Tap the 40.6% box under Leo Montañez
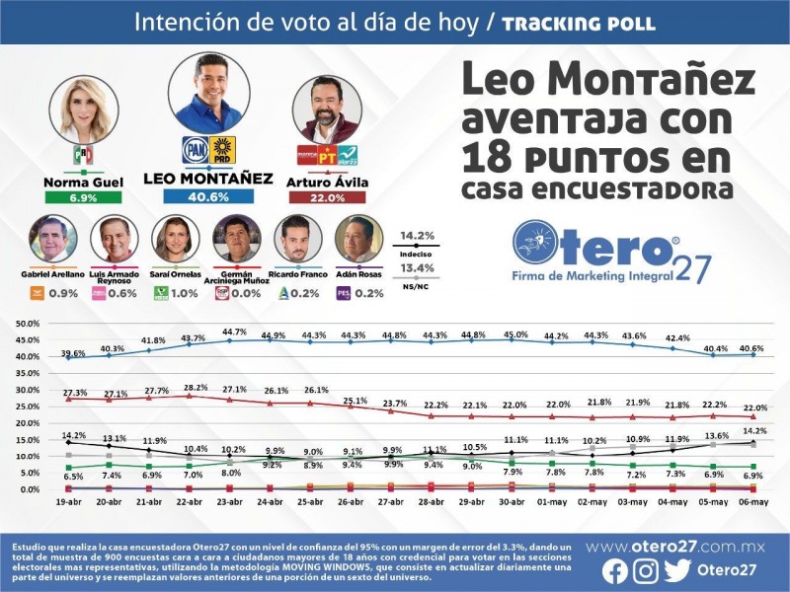point(207,196)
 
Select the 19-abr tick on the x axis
point(68,502)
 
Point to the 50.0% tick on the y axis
point(26,323)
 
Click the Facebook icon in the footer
point(613,570)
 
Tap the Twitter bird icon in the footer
point(677,570)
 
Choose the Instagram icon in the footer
point(645,570)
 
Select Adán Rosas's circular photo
point(358,240)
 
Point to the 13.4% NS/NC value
point(417,267)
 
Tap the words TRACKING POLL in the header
point(578,23)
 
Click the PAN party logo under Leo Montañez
point(194,148)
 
